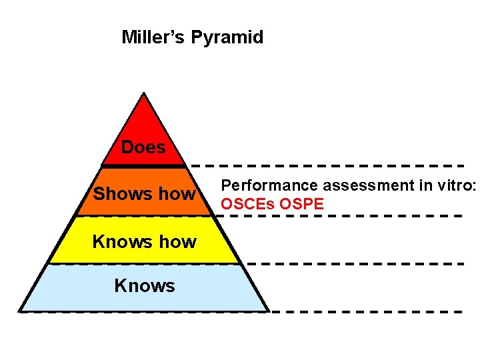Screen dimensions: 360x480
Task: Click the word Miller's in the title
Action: (153, 37)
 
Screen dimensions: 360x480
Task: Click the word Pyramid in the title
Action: (227, 37)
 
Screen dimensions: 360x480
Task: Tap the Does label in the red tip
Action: (143, 147)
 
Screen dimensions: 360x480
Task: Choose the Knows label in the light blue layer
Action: (145, 286)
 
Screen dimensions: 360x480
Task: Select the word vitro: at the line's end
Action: (457, 185)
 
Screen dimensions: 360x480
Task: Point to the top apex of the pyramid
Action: (144, 93)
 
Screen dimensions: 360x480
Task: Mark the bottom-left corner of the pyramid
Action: (20, 311)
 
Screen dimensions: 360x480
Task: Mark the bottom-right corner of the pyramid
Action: (268, 311)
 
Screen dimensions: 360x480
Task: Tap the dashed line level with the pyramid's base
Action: (367, 311)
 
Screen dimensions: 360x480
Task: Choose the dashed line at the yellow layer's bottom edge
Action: (353, 264)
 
